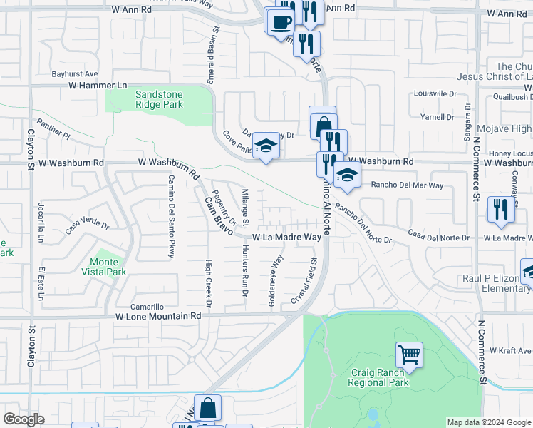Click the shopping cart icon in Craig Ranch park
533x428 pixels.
pos(409,353)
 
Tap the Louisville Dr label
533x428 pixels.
pos(435,93)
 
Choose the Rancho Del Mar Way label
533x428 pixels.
pos(408,185)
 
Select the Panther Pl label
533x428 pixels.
pos(54,128)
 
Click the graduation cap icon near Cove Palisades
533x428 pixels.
pos(266,146)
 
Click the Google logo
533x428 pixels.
pos(24,419)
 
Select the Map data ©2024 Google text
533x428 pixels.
pos(489,422)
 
